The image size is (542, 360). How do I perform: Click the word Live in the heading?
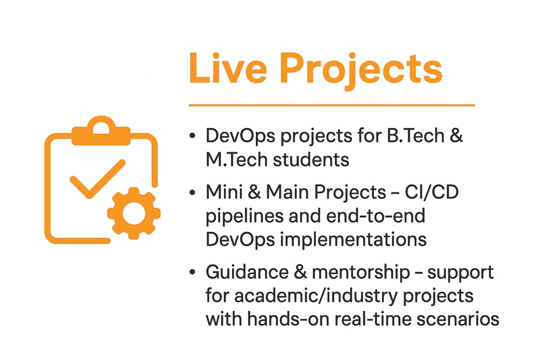228,68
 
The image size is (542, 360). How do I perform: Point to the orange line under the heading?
332,105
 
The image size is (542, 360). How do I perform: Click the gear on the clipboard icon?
134,213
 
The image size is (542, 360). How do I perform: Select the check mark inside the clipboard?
98,179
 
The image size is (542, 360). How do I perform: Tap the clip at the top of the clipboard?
101,131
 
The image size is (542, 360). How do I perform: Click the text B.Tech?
415,135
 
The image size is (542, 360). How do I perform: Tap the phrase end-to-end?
376,216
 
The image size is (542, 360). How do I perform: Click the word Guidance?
247,272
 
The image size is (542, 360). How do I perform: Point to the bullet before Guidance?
192,272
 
